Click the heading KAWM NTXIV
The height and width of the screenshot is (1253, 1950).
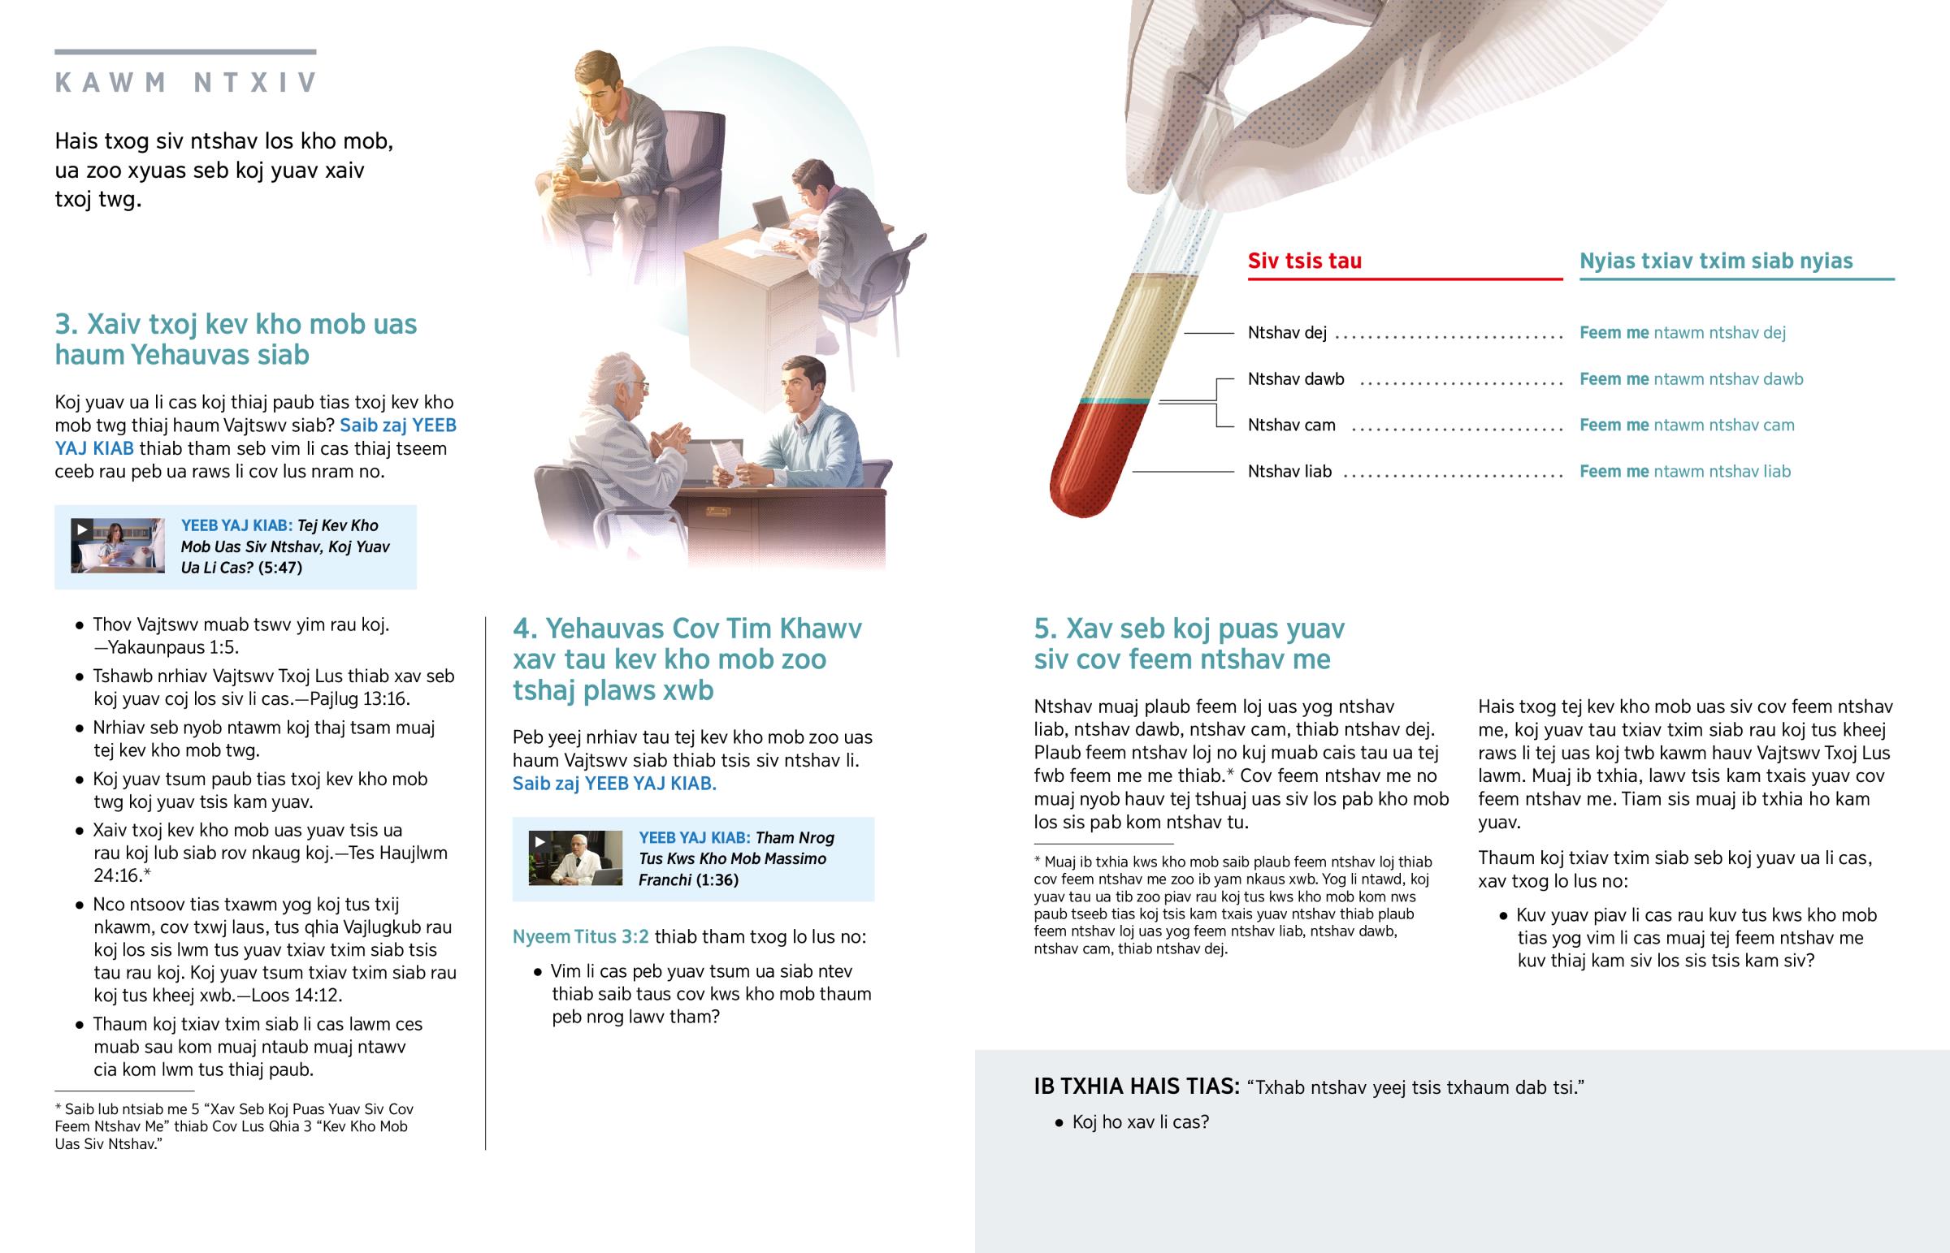pos(185,82)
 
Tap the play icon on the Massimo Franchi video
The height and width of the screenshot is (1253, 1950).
pos(539,841)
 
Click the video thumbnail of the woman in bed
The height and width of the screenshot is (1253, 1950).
pos(118,546)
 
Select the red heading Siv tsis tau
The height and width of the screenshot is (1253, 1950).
pos(1305,261)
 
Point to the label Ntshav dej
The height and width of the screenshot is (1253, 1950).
pos(1287,332)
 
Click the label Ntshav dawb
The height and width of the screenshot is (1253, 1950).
pos(1296,378)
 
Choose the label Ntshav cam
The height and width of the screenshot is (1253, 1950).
pos(1292,425)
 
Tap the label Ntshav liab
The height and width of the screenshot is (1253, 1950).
pos(1290,471)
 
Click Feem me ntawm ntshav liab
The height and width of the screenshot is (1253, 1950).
pos(1684,471)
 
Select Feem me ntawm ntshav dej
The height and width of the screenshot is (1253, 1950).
pos(1682,332)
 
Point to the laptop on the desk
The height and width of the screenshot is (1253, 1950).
pos(772,214)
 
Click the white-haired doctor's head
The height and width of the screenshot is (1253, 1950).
pos(622,381)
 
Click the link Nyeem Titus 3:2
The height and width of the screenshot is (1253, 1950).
pos(580,936)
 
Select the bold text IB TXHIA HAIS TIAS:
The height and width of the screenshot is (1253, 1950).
pos(1137,1087)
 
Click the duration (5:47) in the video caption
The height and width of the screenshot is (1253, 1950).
pos(280,567)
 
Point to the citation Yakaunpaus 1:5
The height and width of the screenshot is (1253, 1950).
pos(172,648)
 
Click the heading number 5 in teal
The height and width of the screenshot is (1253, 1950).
pos(1044,629)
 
